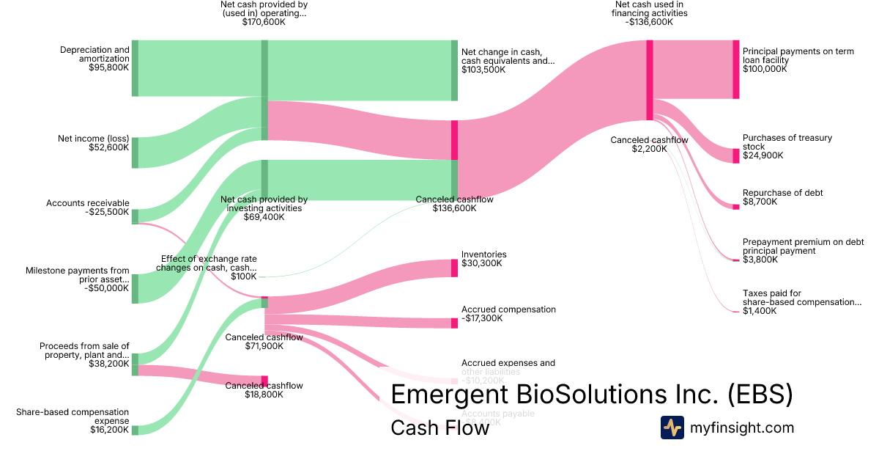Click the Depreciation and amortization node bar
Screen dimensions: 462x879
[135, 68]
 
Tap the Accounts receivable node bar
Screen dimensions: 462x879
[135, 216]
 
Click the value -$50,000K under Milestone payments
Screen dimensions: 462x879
[108, 288]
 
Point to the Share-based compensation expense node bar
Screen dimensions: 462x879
[135, 429]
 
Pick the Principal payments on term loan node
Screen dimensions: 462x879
[735, 69]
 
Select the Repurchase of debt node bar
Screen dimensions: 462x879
[735, 207]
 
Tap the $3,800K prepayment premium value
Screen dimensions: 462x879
[760, 260]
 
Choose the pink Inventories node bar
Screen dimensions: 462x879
[454, 268]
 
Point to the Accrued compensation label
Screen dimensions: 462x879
[508, 309]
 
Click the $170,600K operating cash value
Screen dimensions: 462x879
[264, 23]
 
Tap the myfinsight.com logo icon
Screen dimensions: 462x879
[672, 428]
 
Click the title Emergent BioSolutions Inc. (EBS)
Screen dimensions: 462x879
[591, 395]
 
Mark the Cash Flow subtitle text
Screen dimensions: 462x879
[439, 428]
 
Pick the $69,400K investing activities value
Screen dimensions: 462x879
[264, 217]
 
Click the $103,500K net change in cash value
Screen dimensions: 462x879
[483, 70]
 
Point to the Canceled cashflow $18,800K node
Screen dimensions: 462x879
[264, 380]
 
